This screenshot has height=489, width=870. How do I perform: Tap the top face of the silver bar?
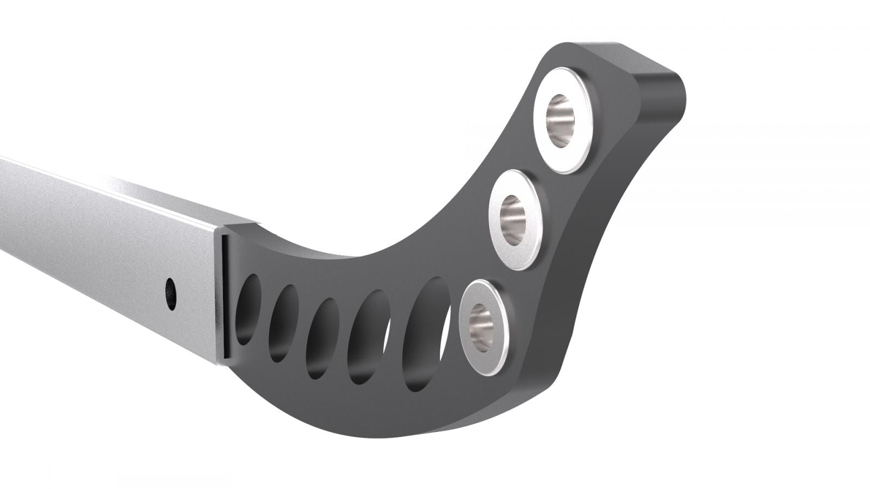[109, 185]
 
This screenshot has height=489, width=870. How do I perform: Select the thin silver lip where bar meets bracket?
[223, 299]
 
